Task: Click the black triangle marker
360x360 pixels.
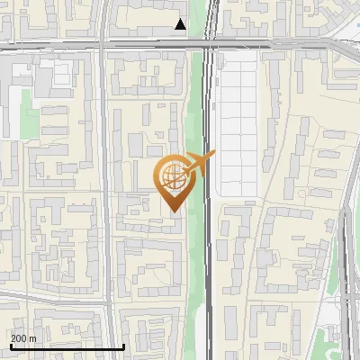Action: tap(181, 24)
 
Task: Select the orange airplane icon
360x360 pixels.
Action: tap(200, 165)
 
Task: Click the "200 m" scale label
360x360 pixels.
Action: tap(23, 337)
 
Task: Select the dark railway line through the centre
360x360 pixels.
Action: tap(209, 252)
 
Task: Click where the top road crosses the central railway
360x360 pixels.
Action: tap(210, 42)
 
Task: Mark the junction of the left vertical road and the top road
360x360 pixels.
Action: tap(101, 42)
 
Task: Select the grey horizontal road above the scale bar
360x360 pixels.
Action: tap(54, 296)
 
